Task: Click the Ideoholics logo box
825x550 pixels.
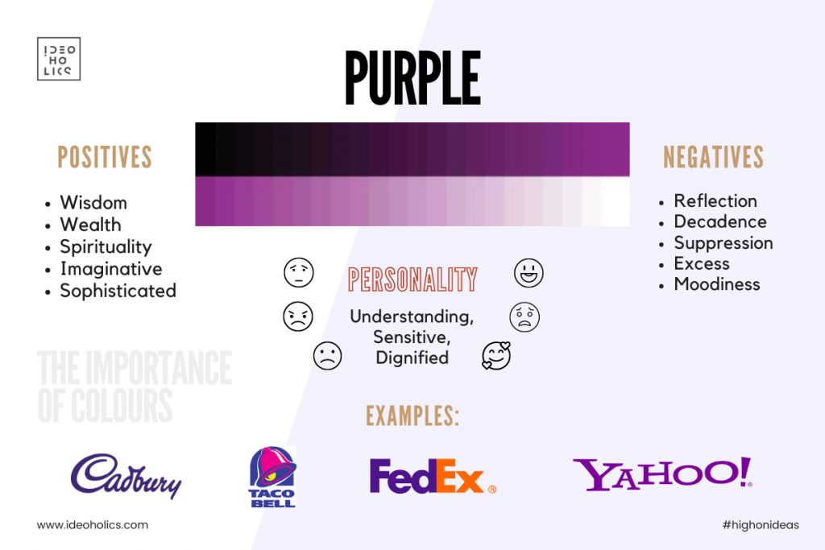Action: tap(58, 58)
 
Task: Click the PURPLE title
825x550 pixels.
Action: tap(412, 78)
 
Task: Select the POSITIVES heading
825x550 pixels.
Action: tap(105, 157)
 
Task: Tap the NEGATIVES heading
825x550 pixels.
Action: tap(713, 157)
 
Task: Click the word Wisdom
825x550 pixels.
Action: tap(93, 202)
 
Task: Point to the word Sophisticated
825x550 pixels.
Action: tap(118, 291)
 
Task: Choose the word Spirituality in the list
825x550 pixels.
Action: tap(106, 246)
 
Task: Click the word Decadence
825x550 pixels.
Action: tap(719, 221)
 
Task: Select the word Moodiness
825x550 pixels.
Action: tap(716, 284)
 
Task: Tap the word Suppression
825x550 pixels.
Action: tap(723, 243)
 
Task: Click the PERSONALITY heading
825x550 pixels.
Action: tap(412, 279)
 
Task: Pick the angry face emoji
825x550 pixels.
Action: tap(298, 316)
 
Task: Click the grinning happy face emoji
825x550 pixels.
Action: tap(529, 273)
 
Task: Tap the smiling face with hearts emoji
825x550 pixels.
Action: tap(496, 356)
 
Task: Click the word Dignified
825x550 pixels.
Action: tap(412, 358)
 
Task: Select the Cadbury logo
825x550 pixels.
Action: tap(126, 476)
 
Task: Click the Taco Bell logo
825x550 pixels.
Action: tap(272, 477)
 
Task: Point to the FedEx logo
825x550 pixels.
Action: tap(433, 476)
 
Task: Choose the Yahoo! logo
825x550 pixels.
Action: tap(662, 473)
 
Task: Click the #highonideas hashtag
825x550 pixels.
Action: tap(761, 525)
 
